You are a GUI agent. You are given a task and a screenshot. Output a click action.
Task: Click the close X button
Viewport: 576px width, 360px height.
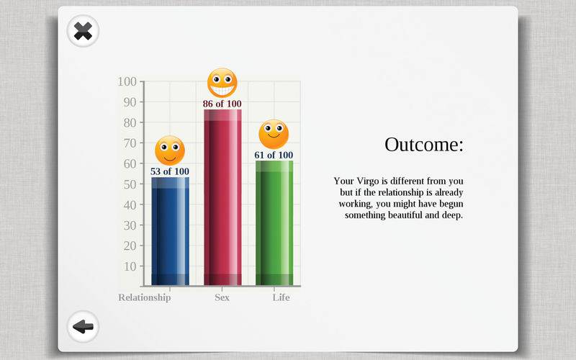click(83, 31)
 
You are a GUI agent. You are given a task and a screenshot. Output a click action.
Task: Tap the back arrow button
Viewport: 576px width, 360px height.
click(83, 327)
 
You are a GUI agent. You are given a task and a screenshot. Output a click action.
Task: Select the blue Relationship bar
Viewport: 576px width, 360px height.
click(170, 231)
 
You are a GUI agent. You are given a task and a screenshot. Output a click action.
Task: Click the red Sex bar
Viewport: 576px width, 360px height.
click(222, 197)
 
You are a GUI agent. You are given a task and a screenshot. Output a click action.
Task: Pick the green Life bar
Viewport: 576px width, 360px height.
click(274, 223)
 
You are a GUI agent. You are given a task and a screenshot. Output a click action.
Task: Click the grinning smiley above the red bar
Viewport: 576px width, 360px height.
click(222, 83)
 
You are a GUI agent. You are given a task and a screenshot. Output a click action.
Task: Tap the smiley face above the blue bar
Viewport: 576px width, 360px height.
click(170, 150)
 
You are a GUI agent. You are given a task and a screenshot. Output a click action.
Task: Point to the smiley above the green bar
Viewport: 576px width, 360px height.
click(274, 135)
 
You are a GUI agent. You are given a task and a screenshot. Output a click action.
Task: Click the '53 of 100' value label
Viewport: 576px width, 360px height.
click(170, 171)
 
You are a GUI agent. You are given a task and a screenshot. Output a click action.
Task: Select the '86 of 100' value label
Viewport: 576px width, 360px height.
click(222, 104)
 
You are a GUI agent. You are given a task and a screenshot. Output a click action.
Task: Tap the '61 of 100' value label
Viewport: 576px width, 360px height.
click(274, 156)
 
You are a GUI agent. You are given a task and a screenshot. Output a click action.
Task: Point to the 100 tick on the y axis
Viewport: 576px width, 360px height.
click(127, 81)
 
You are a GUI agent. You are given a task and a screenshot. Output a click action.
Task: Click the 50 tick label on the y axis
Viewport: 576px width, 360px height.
click(130, 184)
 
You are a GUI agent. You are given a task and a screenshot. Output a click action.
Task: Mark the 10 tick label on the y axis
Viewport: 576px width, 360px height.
click(130, 266)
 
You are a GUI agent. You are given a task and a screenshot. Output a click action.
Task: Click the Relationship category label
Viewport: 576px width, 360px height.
click(145, 297)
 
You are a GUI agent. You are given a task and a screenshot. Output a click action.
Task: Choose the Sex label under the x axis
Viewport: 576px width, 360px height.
click(222, 297)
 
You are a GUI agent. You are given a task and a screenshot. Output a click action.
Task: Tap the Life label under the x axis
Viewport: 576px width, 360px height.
click(281, 297)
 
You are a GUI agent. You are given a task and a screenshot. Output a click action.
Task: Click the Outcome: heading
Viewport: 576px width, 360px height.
click(424, 145)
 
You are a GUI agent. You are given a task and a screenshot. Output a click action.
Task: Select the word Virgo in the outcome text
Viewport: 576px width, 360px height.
click(368, 181)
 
